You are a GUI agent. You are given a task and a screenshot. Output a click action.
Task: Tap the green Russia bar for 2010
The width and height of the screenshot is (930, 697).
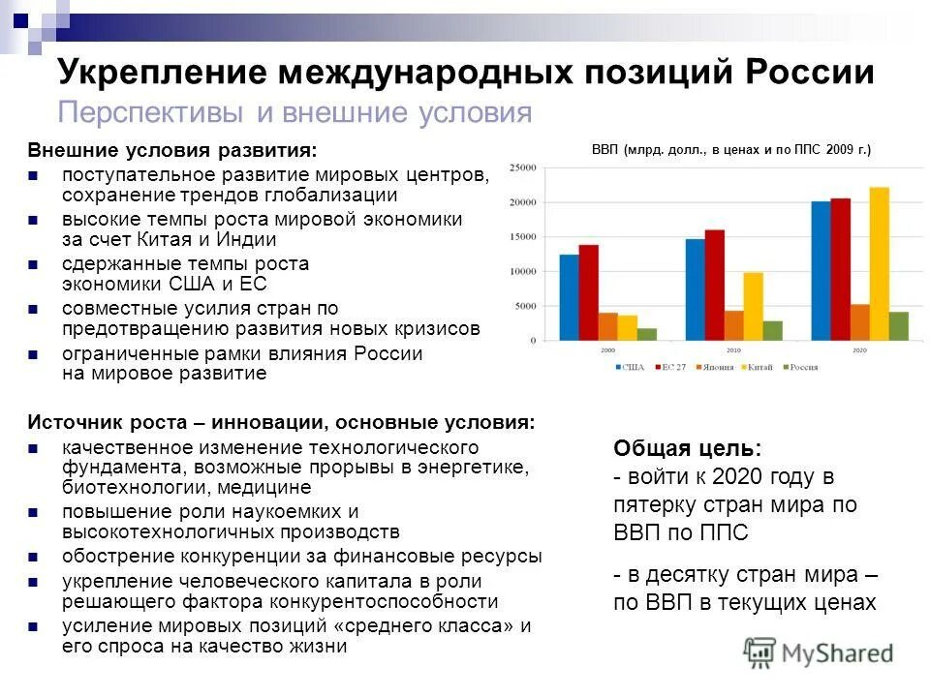coord(772,330)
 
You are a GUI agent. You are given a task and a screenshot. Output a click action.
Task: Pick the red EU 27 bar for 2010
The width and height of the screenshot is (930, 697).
coord(714,285)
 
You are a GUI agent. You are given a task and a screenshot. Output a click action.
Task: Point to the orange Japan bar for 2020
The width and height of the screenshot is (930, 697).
coord(859,322)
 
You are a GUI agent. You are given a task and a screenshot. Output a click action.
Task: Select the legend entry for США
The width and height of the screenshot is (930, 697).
coord(629,367)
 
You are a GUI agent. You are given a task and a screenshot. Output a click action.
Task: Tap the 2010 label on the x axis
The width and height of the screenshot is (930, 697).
coord(733,348)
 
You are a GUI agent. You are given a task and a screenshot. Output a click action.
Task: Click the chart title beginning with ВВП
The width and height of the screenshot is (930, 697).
coord(731,149)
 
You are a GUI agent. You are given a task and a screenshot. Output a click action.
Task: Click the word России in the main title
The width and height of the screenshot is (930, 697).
coord(810,73)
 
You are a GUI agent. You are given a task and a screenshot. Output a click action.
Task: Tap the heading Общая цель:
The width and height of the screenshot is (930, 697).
coord(687,449)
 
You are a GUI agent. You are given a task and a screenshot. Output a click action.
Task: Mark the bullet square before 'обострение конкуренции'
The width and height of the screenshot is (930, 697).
coord(34,557)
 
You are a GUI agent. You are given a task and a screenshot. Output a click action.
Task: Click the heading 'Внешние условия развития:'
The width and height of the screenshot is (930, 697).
coord(172,151)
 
